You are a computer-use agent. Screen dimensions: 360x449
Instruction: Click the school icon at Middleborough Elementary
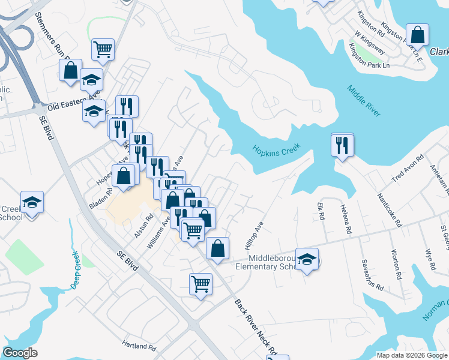pyautogui.click(x=307, y=260)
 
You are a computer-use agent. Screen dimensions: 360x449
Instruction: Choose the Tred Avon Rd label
pyautogui.click(x=408, y=169)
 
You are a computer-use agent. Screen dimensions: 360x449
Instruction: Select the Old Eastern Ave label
pyautogui.click(x=73, y=100)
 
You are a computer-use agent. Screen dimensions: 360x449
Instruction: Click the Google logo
pyautogui.click(x=20, y=353)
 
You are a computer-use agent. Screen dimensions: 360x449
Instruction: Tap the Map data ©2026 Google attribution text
pyautogui.click(x=411, y=355)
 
